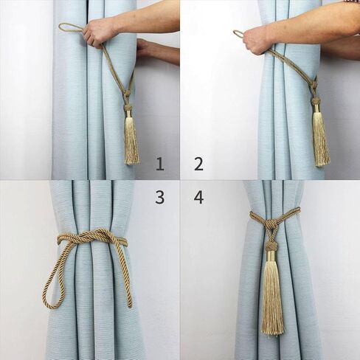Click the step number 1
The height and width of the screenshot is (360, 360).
coord(160,165)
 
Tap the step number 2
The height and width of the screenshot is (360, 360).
coord(198,165)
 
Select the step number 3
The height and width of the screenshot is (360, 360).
coord(160,198)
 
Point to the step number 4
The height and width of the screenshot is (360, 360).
coord(198,198)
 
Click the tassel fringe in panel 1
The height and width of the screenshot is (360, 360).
coord(131,142)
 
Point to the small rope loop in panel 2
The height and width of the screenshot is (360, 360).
coord(238,34)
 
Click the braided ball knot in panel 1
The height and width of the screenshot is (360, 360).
coord(128,106)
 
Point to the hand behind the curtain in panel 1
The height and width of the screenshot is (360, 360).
coord(145,49)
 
